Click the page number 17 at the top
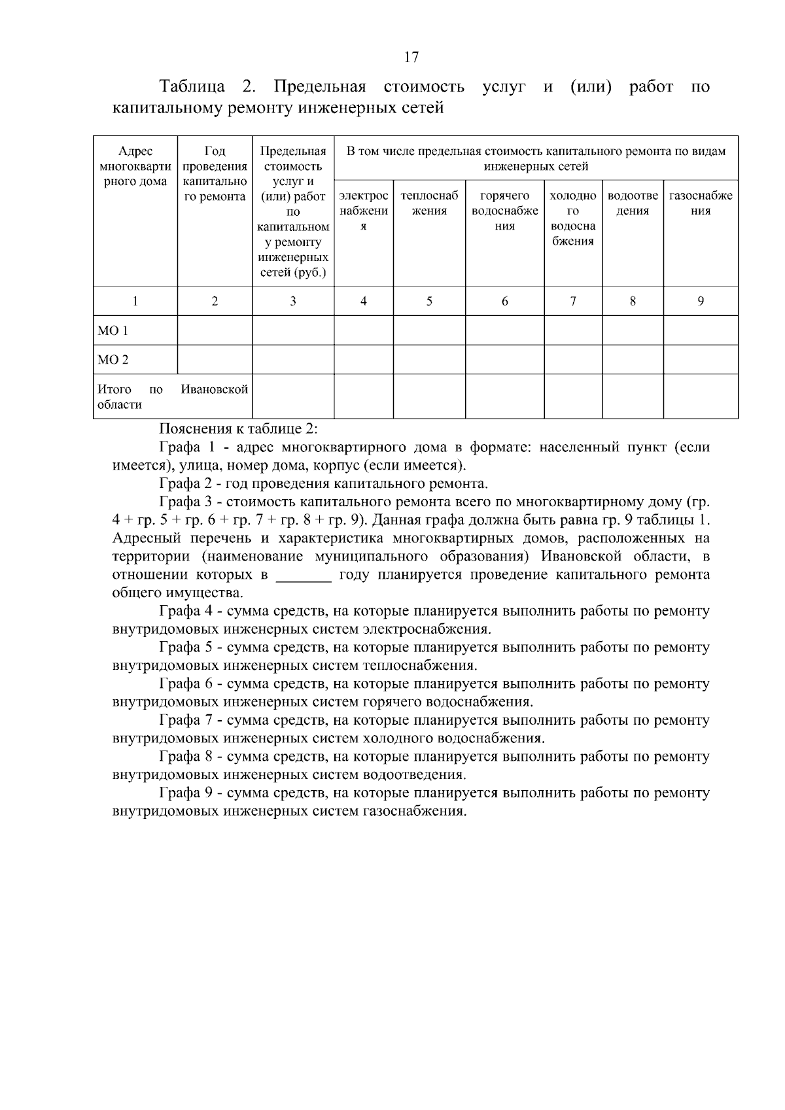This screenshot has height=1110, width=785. pyautogui.click(x=411, y=58)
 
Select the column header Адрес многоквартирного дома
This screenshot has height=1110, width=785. pyautogui.click(x=135, y=167)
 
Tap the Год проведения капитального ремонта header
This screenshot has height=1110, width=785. pyautogui.click(x=215, y=174)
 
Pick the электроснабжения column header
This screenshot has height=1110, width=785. pyautogui.click(x=364, y=211)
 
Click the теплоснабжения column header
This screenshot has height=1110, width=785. pyautogui.click(x=429, y=203)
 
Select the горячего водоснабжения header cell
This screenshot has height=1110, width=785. pyautogui.click(x=504, y=211)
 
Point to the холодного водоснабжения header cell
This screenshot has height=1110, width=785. pyautogui.click(x=573, y=218)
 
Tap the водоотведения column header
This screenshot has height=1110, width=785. pyautogui.click(x=633, y=203)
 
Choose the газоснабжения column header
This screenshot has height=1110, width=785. pyautogui.click(x=701, y=203)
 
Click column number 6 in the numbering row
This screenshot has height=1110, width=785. pyautogui.click(x=504, y=302)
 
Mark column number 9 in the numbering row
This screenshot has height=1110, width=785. pyautogui.click(x=701, y=302)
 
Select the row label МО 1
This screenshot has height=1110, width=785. pyautogui.click(x=113, y=331)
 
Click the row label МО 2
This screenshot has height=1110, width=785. pyautogui.click(x=113, y=360)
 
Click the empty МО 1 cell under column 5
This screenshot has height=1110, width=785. pyautogui.click(x=429, y=330)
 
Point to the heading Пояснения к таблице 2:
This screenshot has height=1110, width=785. pyautogui.click(x=239, y=429)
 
